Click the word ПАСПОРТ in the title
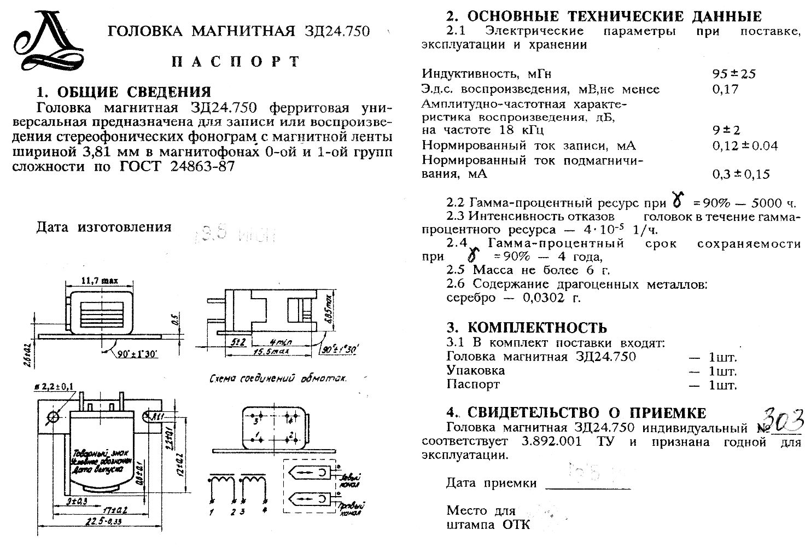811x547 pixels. pos(235,61)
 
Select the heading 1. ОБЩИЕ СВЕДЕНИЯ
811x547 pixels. pos(124,91)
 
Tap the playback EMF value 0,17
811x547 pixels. pos(725,89)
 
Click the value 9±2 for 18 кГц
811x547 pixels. pos(726,131)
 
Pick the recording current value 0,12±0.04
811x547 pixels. pos(745,146)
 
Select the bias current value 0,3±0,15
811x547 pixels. pos(740,174)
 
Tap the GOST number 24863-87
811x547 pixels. pos(203,166)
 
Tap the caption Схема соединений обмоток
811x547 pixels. pos(279,379)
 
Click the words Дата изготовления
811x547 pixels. pos(104,227)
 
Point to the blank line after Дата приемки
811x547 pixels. pos(588,485)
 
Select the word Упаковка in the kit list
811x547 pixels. pos(475,370)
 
